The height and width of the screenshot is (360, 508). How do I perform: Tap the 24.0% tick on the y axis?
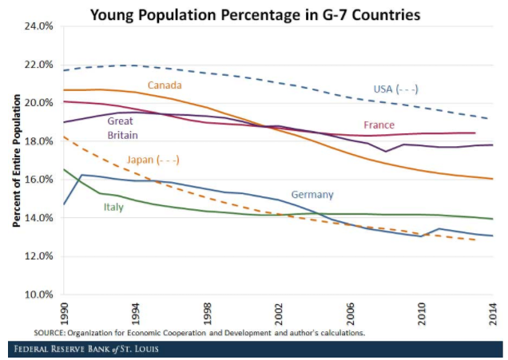coord(39,26)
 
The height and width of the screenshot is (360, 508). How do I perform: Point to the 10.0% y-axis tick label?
coord(39,295)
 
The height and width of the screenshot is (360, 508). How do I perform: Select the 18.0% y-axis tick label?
coord(39,141)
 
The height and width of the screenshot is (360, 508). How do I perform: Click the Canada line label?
coord(165,85)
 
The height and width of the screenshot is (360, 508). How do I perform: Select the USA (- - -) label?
coord(396,89)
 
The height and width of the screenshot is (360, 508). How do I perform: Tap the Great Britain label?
coord(121,129)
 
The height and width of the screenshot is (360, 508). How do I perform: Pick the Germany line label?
coord(312,194)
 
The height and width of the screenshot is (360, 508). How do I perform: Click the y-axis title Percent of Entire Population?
coord(15,160)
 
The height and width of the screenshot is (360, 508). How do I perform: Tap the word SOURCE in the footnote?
coord(50,331)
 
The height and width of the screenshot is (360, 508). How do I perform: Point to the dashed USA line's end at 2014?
coord(490,118)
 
